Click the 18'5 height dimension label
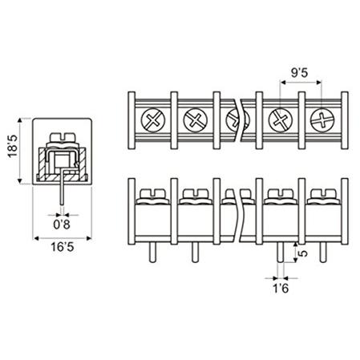[x=13, y=146]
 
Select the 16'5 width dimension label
[x=63, y=247]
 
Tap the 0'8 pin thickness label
[x=62, y=224]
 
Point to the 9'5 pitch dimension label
[x=299, y=73]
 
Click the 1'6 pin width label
[x=281, y=289]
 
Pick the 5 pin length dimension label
[x=303, y=253]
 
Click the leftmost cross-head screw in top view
[x=153, y=119]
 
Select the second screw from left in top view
[x=196, y=119]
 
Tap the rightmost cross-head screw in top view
[x=323, y=119]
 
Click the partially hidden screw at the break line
[x=232, y=119]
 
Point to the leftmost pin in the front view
[x=152, y=253]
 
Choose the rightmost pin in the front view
[x=323, y=253]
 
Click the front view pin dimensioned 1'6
[x=281, y=253]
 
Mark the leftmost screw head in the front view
[x=152, y=196]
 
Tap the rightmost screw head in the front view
[x=323, y=196]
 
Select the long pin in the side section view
[x=63, y=187]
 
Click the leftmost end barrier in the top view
[x=131, y=120]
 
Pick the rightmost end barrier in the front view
[x=345, y=212]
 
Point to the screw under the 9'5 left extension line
[x=281, y=119]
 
